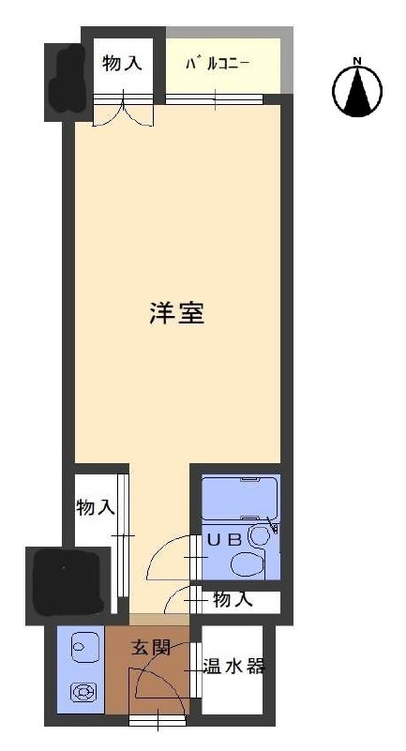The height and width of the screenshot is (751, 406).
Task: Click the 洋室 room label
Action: [176, 313]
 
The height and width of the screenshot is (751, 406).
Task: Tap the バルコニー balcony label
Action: [217, 65]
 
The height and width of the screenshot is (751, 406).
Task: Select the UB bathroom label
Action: [225, 539]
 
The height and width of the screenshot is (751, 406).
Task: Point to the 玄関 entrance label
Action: [150, 647]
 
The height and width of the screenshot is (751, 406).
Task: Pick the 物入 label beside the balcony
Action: [122, 64]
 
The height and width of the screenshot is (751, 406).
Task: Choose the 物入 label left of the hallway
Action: [96, 507]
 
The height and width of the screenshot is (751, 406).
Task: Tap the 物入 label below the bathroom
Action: [232, 599]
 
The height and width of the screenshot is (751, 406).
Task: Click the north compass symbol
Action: [357, 92]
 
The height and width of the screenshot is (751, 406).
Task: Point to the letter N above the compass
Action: [357, 62]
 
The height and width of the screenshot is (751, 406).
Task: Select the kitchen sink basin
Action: [81, 646]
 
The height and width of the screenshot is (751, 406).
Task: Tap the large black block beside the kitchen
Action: [68, 580]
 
